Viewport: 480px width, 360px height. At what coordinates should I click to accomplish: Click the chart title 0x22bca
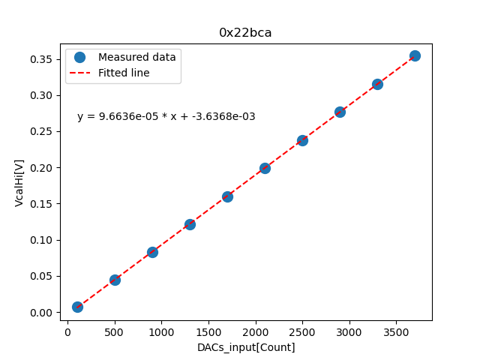coord(245,32)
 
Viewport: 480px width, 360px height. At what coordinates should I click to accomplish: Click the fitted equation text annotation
coord(166,116)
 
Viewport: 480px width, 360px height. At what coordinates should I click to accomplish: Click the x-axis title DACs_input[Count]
coord(246,347)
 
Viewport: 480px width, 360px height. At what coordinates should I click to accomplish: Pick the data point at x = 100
coord(77,307)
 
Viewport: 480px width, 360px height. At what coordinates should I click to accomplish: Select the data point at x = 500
coord(115,280)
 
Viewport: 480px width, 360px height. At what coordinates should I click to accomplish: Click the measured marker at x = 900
coord(152,252)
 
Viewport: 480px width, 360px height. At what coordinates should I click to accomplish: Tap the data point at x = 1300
coord(190,224)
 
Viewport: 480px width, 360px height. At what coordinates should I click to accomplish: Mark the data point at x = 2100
coord(265,168)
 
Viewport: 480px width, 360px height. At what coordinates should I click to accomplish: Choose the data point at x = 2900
coord(340,112)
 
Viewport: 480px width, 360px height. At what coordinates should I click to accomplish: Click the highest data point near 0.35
coord(415,55)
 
